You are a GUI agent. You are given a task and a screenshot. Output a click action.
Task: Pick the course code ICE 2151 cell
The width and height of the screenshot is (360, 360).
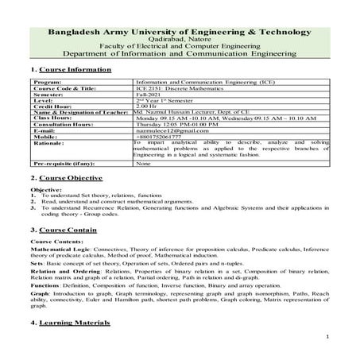184,87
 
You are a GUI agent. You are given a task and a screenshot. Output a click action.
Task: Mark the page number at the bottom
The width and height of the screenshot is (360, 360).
327,338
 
